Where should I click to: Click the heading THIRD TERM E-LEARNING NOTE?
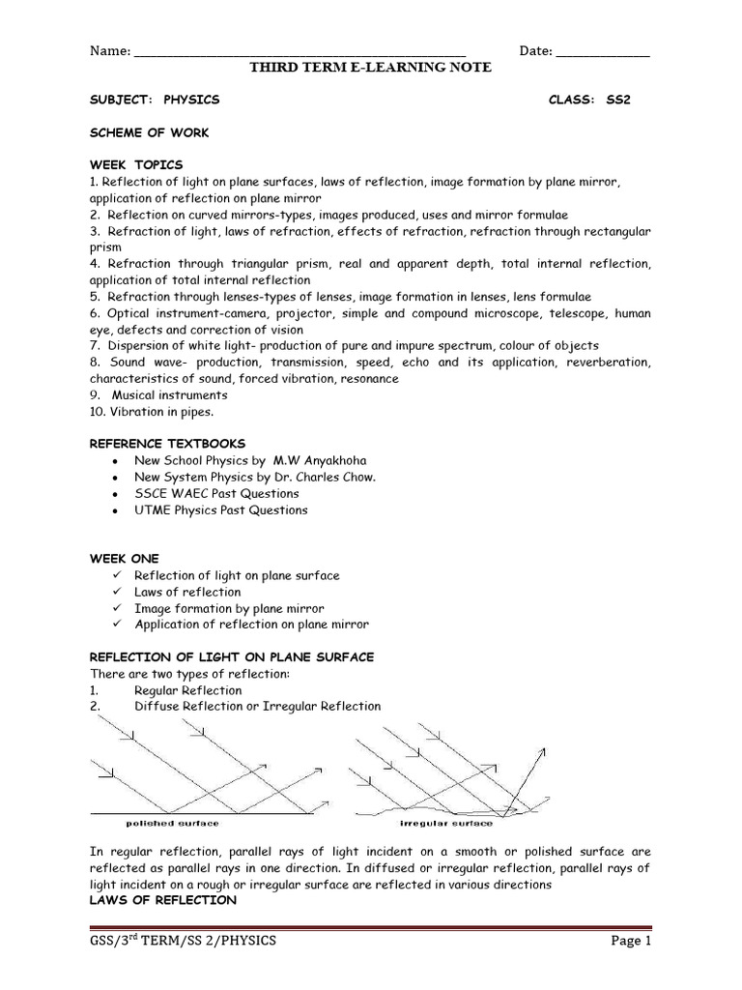pos(371,67)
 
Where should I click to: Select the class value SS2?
pos(617,100)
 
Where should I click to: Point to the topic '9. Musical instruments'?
pos(158,395)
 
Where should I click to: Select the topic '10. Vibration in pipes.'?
pos(152,412)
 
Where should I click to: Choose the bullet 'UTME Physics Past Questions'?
pos(221,510)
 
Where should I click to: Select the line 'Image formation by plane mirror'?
pos(229,608)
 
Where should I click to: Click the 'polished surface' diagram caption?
pos(173,824)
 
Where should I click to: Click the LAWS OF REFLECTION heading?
pos(162,900)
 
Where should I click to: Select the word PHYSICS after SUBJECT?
pos(192,100)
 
